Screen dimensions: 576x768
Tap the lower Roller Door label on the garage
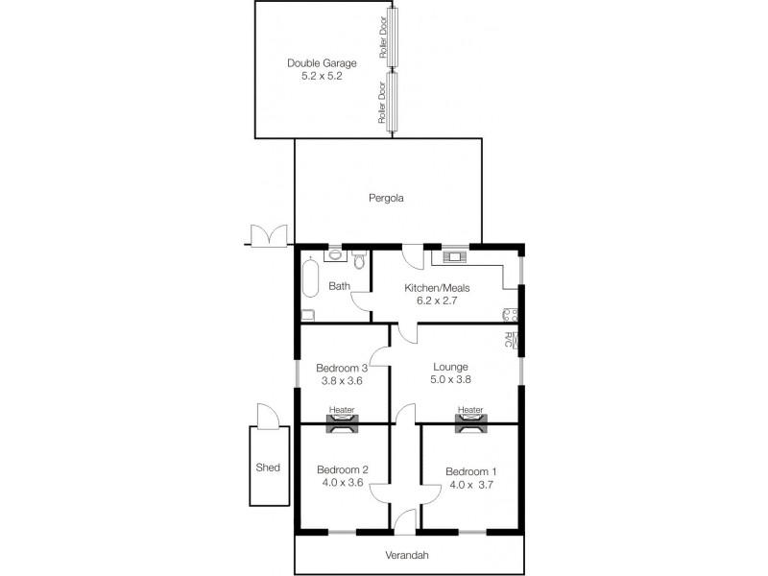coord(383,103)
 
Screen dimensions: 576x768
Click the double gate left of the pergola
coord(267,235)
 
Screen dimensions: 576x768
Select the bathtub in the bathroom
coord(309,278)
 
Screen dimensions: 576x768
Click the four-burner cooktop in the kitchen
coord(509,316)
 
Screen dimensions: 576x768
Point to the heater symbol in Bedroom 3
coord(341,421)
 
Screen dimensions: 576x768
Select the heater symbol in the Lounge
coord(470,421)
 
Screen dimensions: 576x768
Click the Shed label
coord(268,468)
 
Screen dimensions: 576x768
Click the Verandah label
coord(409,556)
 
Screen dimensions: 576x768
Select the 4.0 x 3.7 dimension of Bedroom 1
coord(470,485)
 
